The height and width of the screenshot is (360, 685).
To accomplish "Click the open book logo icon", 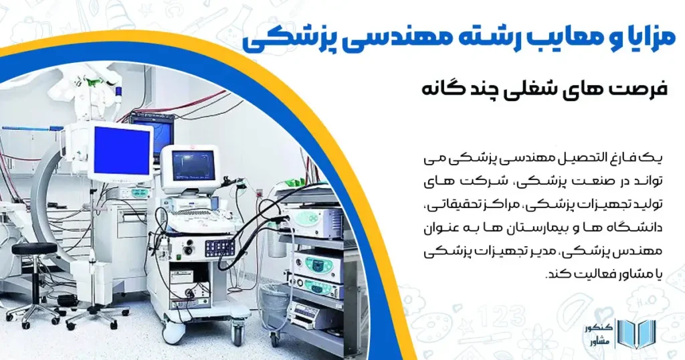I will (x=629, y=333).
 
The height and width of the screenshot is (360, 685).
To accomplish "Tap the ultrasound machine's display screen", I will (x=193, y=164).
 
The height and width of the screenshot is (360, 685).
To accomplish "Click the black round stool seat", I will (x=33, y=249).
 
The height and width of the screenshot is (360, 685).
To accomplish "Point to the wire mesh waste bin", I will (x=274, y=305).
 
